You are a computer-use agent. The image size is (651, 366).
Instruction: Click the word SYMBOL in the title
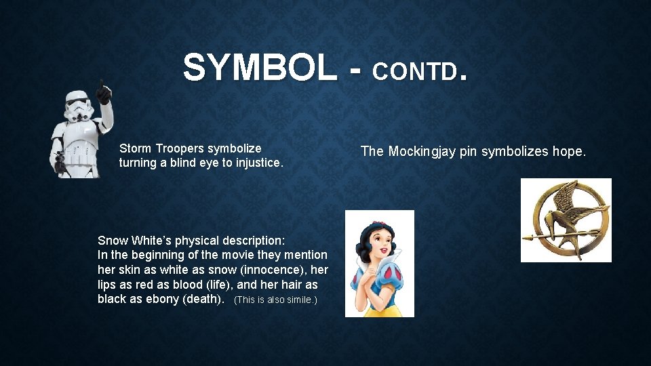point(260,68)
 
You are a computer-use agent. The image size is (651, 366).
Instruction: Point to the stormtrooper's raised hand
point(103,91)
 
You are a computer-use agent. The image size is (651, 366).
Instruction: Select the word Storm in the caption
point(135,148)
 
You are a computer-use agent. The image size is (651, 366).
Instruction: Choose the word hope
point(568,151)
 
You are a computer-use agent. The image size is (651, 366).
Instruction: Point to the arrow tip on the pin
point(526,237)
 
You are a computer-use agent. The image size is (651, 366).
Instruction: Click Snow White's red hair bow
point(380,218)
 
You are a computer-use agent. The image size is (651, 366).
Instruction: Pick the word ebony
point(162,299)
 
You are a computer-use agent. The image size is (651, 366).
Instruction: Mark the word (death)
point(204,299)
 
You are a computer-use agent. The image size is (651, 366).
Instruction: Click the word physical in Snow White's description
point(197,240)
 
